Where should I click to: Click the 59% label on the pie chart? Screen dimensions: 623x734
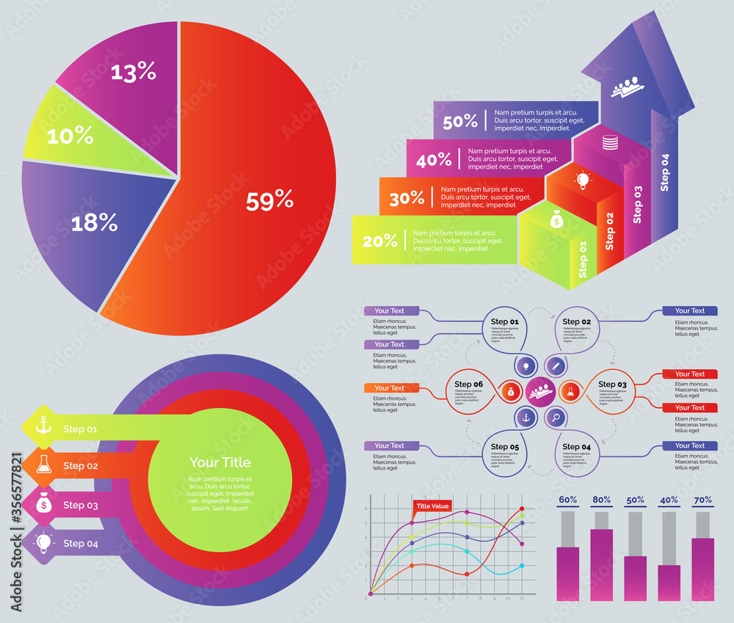[x=269, y=200]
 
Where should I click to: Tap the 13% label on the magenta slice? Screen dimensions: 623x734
[x=133, y=71]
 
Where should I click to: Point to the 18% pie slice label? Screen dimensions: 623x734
[x=94, y=222]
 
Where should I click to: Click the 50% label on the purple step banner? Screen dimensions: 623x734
[x=460, y=122]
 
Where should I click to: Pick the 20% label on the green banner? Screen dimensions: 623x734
[x=379, y=240]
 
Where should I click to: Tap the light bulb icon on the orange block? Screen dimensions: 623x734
[x=583, y=179]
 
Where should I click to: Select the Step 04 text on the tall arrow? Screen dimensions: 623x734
[x=665, y=172]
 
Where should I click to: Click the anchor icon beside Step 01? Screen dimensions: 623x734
[x=43, y=426]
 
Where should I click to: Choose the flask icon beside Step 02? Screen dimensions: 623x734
[x=43, y=464]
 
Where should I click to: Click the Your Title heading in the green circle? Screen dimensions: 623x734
[x=219, y=462]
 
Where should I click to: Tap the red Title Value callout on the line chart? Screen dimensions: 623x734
[x=432, y=506]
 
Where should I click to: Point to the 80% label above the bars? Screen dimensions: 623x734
[x=601, y=500]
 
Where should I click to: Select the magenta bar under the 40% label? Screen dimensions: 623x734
[x=669, y=583]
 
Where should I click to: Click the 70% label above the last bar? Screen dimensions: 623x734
[x=702, y=500]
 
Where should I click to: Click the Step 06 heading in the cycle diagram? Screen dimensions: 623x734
[x=468, y=384]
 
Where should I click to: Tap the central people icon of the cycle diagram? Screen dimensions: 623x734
[x=540, y=390]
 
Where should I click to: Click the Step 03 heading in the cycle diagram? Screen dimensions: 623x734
[x=612, y=384]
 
